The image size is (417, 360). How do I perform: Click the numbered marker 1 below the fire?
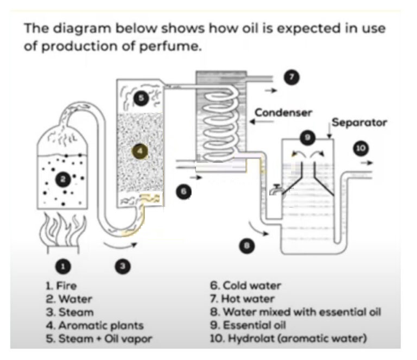tap(63, 266)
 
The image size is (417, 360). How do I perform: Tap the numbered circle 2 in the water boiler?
tap(64, 180)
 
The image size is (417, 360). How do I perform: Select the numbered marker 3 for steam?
tap(123, 266)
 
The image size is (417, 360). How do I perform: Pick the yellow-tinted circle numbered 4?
tap(140, 151)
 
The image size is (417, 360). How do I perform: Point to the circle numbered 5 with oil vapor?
tap(141, 99)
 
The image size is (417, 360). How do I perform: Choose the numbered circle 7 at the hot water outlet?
tap(292, 77)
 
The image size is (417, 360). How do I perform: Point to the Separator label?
tap(359, 123)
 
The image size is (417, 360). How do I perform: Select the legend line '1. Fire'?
tap(61, 285)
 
